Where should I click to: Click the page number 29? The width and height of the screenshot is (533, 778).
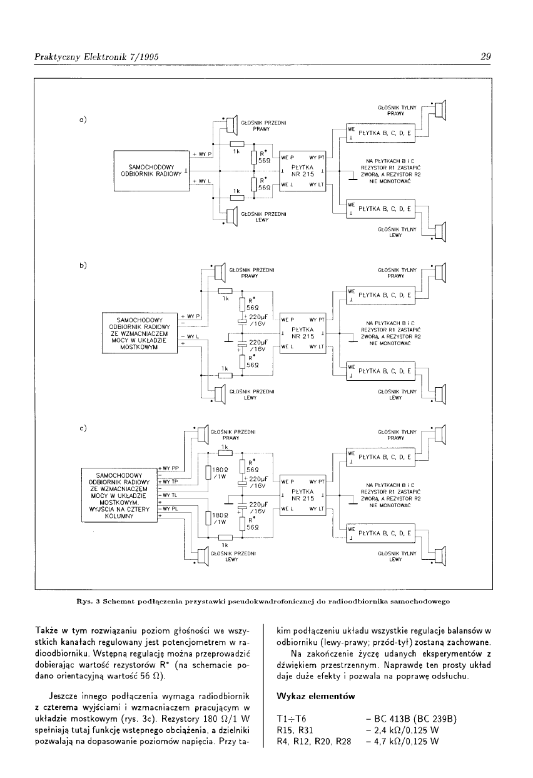click(x=486, y=56)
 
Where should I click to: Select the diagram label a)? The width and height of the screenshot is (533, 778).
click(x=83, y=119)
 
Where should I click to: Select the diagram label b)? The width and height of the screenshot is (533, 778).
click(x=83, y=265)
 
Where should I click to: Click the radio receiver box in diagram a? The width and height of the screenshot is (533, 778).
click(x=151, y=170)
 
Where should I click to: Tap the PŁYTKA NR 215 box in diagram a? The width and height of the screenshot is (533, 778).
click(x=303, y=170)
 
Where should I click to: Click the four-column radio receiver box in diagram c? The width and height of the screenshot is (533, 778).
click(x=119, y=495)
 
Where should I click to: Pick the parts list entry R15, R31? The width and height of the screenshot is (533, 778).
click(x=293, y=729)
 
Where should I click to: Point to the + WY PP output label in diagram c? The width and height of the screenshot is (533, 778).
click(x=170, y=468)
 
